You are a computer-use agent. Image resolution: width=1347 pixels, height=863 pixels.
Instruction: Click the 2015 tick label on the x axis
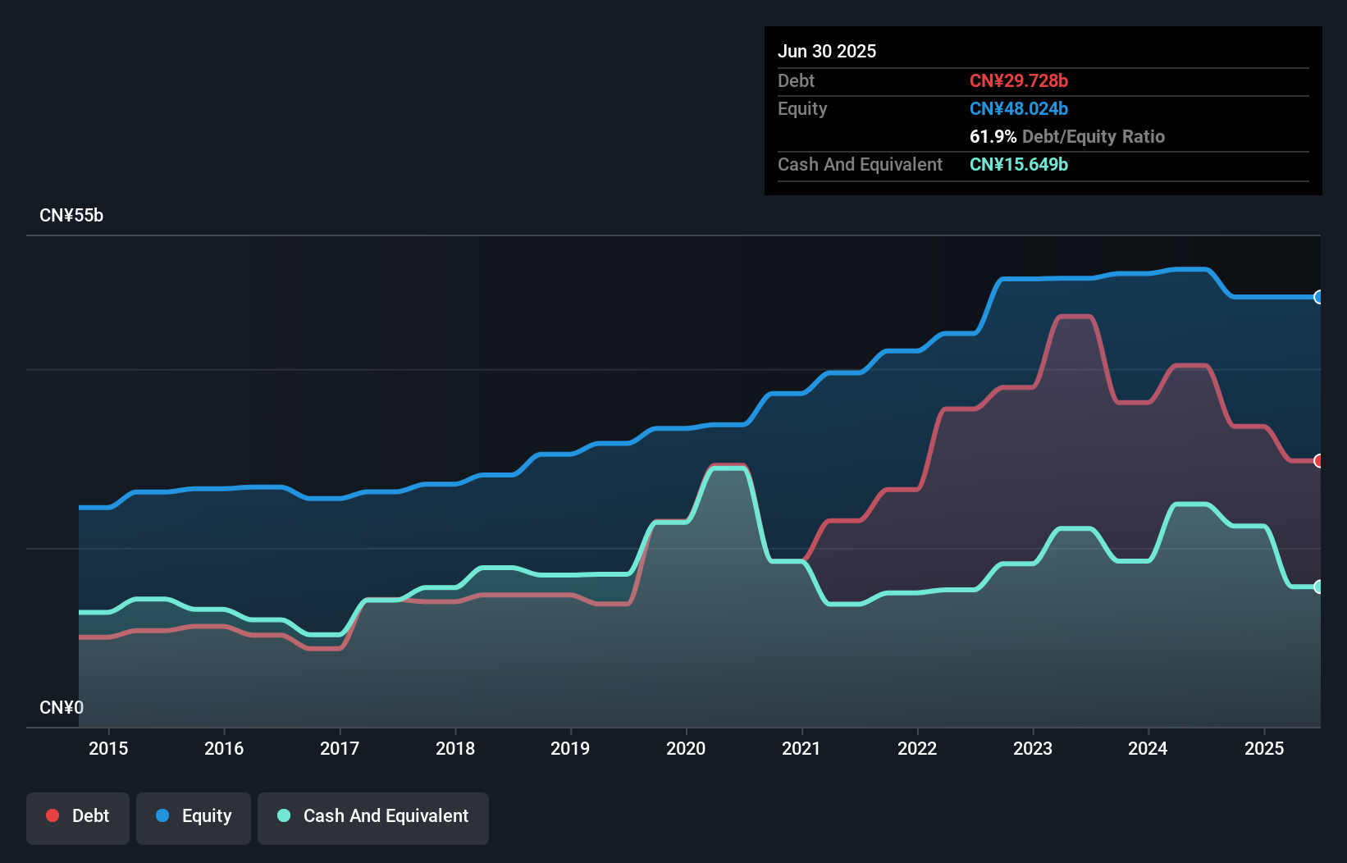tap(108, 748)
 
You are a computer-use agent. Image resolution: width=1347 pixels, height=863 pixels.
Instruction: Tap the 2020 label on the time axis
tap(686, 748)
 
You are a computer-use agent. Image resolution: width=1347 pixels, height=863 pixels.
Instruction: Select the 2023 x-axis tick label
tap(1032, 748)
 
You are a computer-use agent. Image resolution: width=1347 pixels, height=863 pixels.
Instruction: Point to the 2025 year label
tap(1263, 748)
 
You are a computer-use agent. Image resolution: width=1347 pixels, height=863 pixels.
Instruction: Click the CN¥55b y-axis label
tap(71, 216)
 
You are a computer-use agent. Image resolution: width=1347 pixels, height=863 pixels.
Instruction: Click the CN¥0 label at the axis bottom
tap(62, 707)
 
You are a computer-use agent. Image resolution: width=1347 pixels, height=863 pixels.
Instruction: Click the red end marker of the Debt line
tap(1318, 461)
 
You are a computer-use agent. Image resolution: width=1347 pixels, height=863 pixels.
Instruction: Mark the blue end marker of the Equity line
tap(1318, 297)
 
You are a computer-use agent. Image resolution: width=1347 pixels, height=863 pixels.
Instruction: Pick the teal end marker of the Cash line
tap(1318, 587)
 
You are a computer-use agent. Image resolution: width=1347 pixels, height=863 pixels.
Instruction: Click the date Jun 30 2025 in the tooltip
tap(827, 51)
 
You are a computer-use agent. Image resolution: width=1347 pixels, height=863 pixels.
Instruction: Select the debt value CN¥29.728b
tap(1018, 80)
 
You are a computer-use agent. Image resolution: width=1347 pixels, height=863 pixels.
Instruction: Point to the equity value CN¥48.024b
tap(1018, 108)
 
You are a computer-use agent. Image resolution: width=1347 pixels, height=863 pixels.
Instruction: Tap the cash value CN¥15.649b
tap(1018, 164)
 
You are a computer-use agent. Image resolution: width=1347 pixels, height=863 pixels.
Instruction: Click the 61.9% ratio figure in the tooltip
tap(993, 136)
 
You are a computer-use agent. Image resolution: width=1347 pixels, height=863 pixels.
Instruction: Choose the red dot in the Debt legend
tap(53, 815)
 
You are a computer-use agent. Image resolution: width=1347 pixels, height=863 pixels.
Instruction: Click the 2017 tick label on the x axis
tap(340, 748)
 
